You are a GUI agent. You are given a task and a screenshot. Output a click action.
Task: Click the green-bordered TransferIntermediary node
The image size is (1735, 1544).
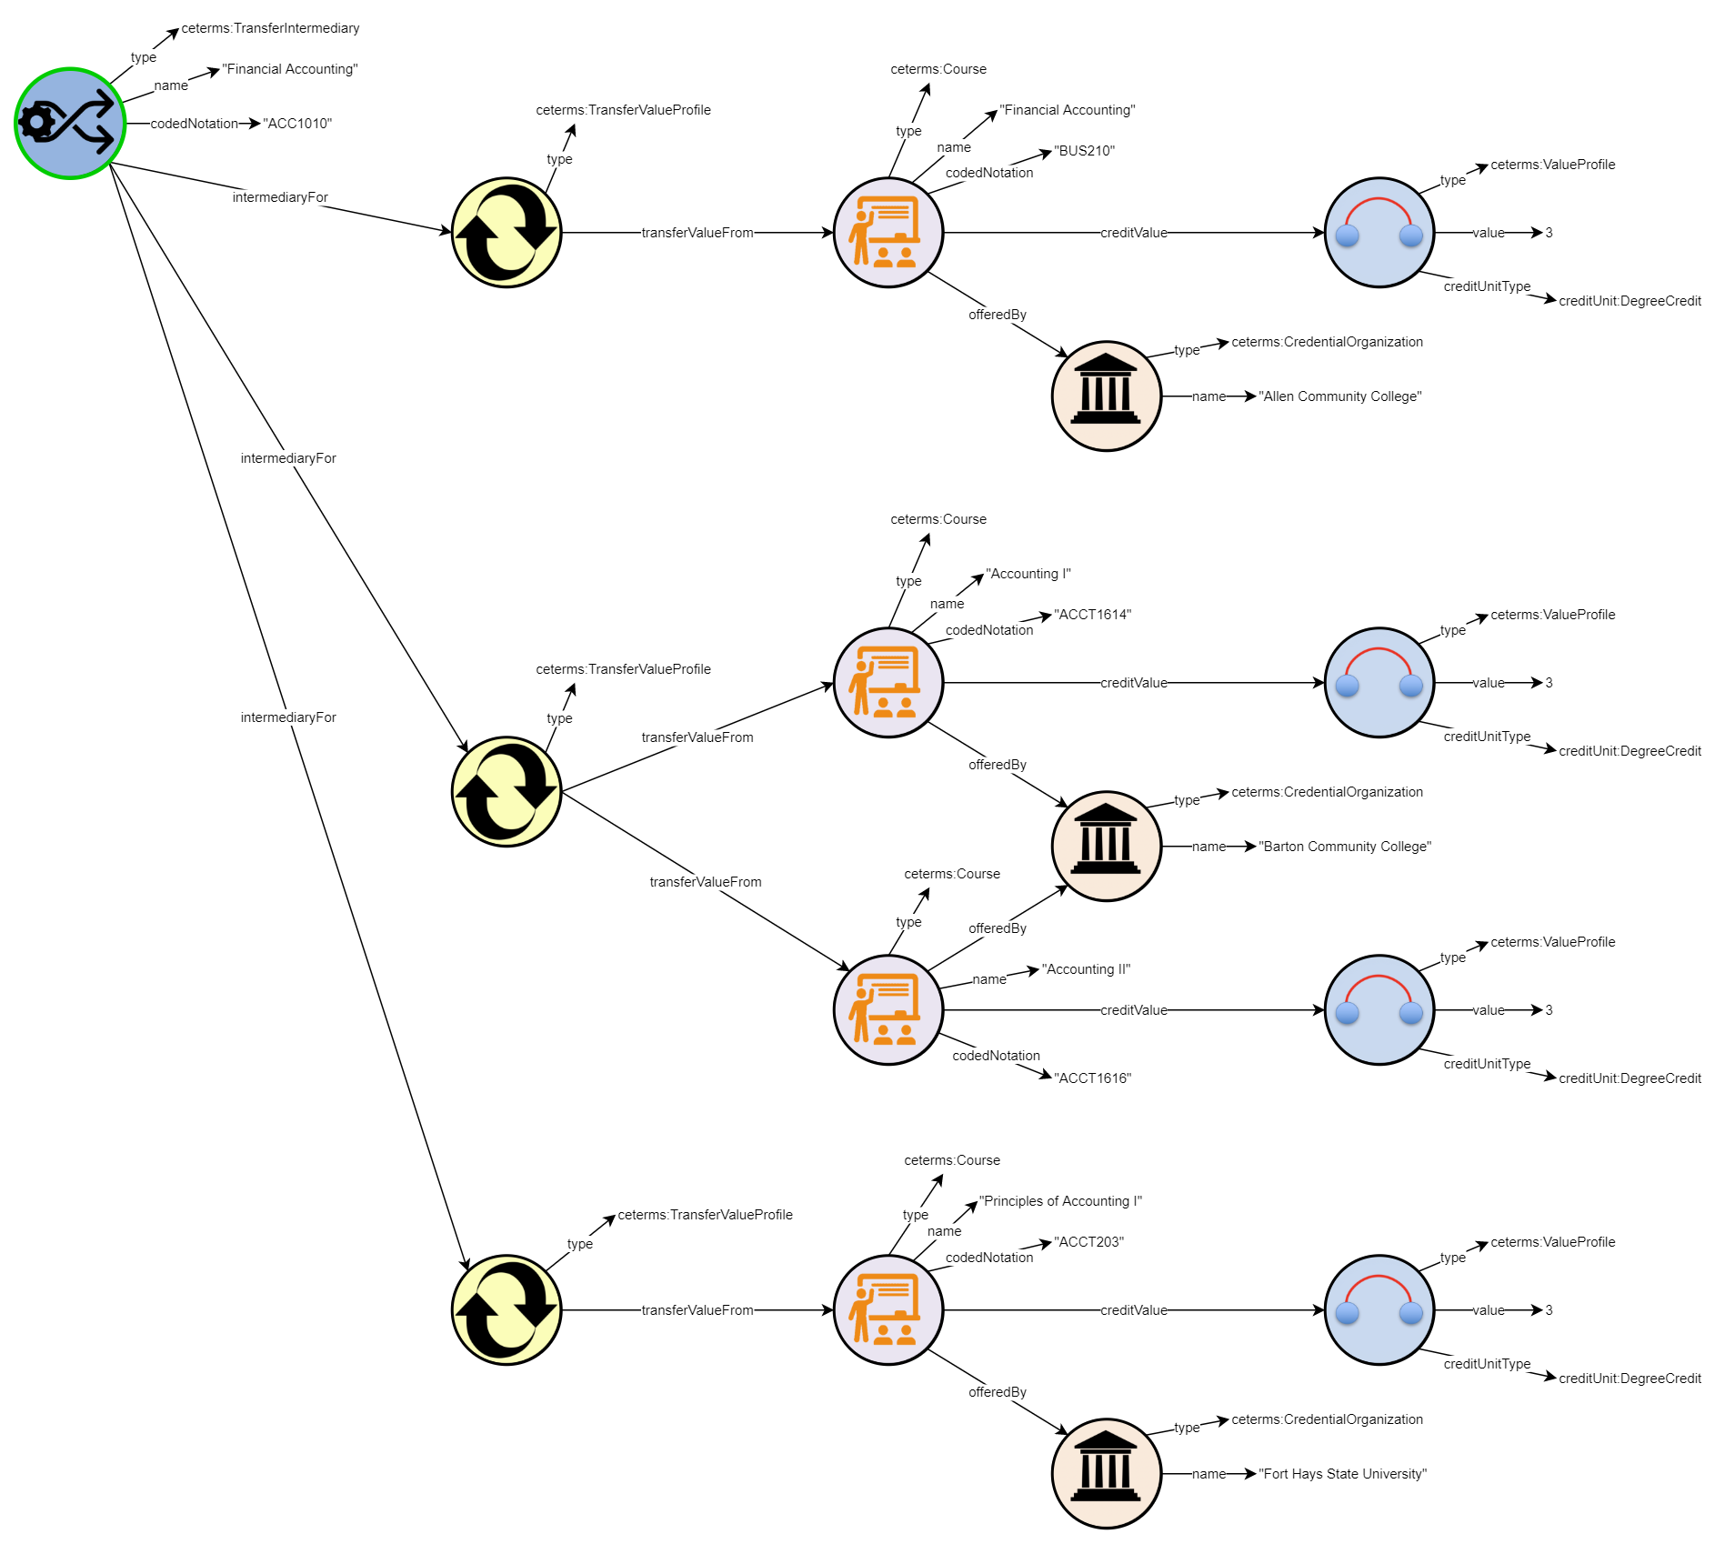(70, 124)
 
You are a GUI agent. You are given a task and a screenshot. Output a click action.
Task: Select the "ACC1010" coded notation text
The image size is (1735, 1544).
(297, 124)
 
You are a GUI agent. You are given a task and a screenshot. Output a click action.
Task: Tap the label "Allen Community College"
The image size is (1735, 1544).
(1339, 396)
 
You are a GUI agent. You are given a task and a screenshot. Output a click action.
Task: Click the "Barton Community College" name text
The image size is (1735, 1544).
(1344, 847)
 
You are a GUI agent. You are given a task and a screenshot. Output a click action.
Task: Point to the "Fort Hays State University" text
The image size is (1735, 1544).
(1342, 1474)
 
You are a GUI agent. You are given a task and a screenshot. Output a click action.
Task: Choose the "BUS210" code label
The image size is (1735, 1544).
(1084, 151)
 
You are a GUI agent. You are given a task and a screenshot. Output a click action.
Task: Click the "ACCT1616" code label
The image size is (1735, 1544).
(1092, 1078)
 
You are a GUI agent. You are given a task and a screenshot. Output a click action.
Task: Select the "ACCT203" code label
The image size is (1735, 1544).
(1088, 1242)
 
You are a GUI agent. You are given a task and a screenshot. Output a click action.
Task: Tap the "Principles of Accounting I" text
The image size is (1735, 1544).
(1060, 1201)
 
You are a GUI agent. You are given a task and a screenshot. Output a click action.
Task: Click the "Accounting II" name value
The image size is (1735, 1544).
(1086, 969)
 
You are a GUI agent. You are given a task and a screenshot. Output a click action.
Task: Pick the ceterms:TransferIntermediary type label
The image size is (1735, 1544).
(270, 28)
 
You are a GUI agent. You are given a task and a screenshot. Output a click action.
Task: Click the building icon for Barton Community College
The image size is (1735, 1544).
(1106, 847)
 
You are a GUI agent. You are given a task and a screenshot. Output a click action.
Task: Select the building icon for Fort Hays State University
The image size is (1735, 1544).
(1106, 1474)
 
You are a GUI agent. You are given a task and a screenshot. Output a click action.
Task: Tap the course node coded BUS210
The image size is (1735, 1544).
(888, 233)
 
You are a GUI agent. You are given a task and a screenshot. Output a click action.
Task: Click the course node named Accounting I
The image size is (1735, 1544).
(888, 683)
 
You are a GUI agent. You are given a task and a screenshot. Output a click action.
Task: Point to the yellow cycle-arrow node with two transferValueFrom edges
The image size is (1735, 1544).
(506, 792)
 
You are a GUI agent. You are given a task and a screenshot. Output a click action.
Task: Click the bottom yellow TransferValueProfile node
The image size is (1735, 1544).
(506, 1310)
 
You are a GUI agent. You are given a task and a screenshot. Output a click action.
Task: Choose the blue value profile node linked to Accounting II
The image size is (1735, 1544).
(1379, 1010)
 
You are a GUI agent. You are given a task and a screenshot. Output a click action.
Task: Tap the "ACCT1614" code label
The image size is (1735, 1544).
(1092, 615)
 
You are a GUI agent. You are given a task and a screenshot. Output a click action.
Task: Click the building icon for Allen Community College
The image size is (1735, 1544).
(1106, 396)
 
